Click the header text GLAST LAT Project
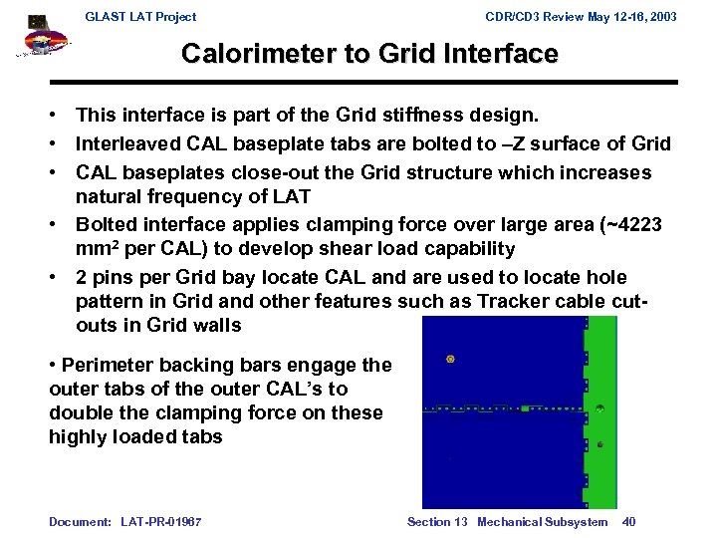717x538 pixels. (x=140, y=17)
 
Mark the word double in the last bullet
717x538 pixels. (x=79, y=413)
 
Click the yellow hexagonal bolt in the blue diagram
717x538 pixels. (x=451, y=357)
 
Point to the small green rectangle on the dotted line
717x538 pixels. (x=525, y=408)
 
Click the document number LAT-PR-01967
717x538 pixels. (x=162, y=522)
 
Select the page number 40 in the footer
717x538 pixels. (x=628, y=522)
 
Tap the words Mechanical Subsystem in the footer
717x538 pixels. (x=542, y=522)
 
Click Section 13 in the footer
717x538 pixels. (x=437, y=522)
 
